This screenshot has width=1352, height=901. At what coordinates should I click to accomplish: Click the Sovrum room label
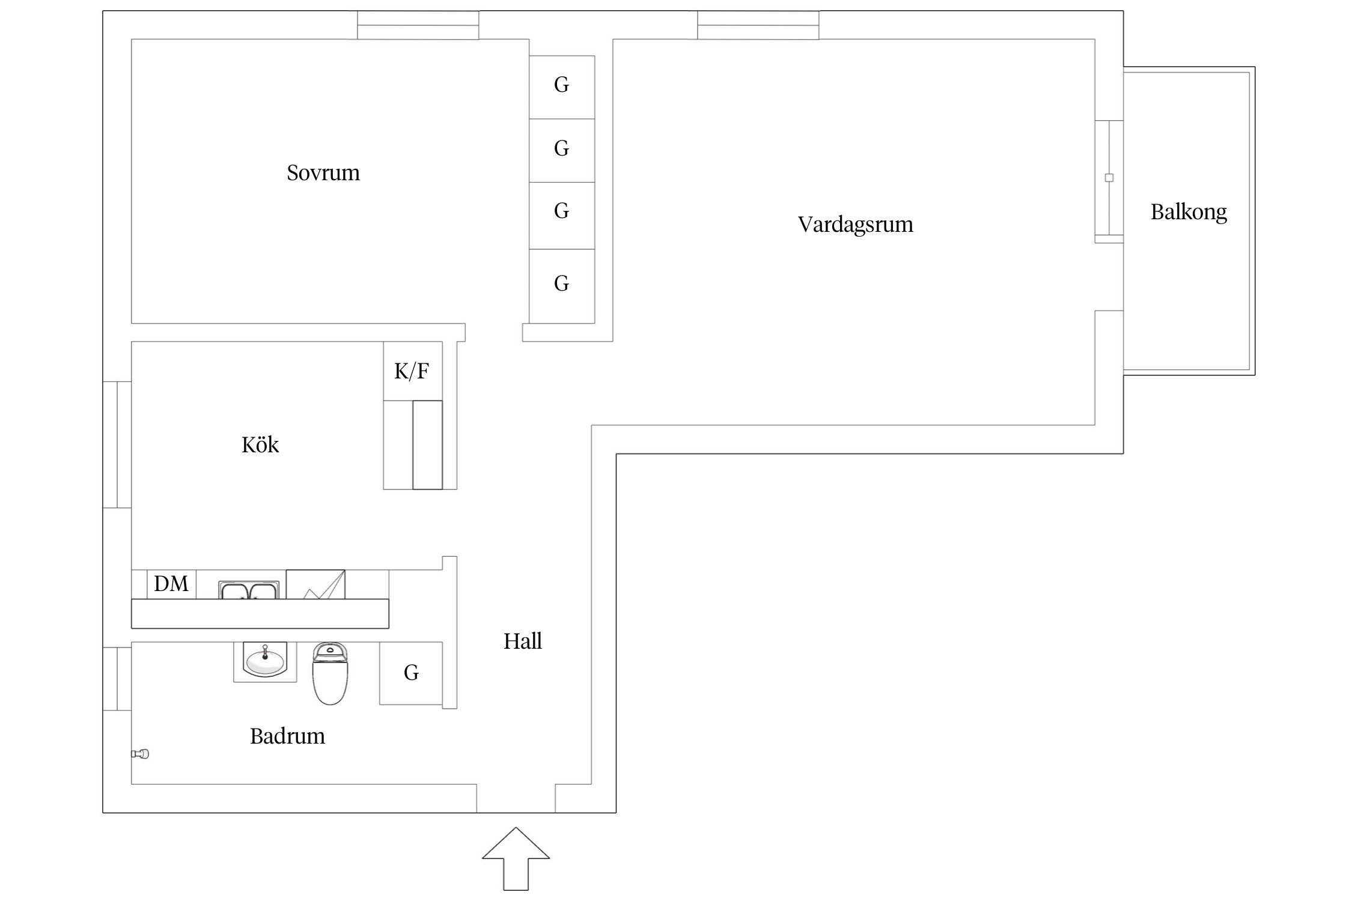(323, 173)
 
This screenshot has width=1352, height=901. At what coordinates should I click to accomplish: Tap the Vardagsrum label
(855, 225)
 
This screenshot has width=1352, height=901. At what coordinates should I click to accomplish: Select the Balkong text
(1188, 212)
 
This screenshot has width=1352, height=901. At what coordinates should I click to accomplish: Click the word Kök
(260, 445)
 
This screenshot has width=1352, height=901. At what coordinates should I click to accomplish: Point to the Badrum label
(287, 736)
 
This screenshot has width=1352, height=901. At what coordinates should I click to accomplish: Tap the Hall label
(522, 642)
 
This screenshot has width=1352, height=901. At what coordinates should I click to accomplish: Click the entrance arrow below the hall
(516, 860)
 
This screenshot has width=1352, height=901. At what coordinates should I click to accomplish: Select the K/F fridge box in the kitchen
(412, 371)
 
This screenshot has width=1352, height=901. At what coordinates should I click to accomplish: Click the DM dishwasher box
(171, 584)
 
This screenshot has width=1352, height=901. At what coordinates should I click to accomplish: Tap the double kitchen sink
(249, 590)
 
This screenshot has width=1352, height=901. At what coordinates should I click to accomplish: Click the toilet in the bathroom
(330, 673)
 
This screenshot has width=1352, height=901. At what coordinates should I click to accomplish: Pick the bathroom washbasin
(264, 661)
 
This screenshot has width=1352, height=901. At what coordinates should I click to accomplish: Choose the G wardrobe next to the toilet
(411, 673)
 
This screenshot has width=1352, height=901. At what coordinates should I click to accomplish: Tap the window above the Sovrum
(418, 25)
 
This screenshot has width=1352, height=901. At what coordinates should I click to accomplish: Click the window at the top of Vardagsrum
(758, 25)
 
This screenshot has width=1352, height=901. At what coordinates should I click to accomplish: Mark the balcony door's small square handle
(1109, 178)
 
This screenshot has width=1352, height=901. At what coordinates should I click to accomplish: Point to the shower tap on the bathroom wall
(141, 754)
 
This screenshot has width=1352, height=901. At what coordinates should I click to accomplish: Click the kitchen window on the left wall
(117, 444)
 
